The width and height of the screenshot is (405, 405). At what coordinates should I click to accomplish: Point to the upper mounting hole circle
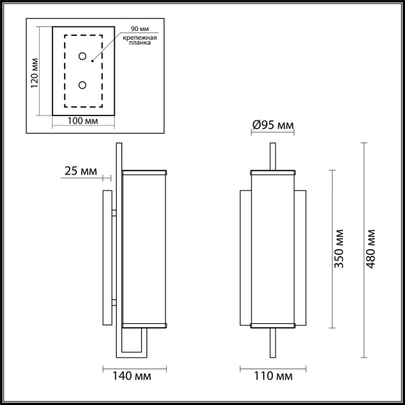pyautogui.click(x=83, y=57)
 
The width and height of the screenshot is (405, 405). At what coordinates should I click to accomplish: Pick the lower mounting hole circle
pyautogui.click(x=83, y=84)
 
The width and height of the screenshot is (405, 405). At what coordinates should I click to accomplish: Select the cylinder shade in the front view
pyautogui.click(x=273, y=247)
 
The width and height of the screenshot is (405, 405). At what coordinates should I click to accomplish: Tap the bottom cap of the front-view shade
pyautogui.click(x=273, y=325)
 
